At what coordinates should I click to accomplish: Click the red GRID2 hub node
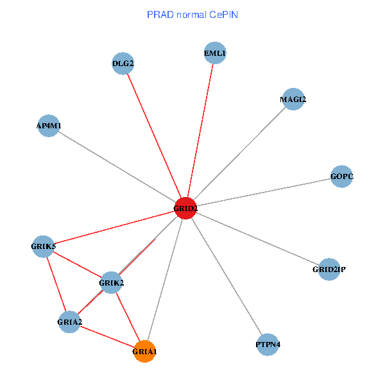pyautogui.click(x=185, y=208)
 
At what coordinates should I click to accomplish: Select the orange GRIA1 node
pyautogui.click(x=145, y=352)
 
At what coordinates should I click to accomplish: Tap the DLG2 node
pyautogui.click(x=123, y=64)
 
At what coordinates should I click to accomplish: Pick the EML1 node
pyautogui.click(x=215, y=53)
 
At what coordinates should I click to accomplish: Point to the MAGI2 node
pyautogui.click(x=293, y=99)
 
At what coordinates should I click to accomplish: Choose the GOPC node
pyautogui.click(x=342, y=176)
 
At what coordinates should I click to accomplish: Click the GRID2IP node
pyautogui.click(x=329, y=269)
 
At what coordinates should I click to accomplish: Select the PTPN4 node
pyautogui.click(x=268, y=345)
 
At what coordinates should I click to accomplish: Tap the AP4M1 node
pyautogui.click(x=49, y=126)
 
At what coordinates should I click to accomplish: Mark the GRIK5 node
pyautogui.click(x=44, y=246)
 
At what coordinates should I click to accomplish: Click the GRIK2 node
pyautogui.click(x=111, y=282)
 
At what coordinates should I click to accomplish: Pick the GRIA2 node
pyautogui.click(x=69, y=321)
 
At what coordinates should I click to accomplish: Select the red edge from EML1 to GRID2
pyautogui.click(x=200, y=130)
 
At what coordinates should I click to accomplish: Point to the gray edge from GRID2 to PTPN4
pyautogui.click(x=227, y=276)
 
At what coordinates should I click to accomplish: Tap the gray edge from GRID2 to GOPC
pyautogui.click(x=264, y=192)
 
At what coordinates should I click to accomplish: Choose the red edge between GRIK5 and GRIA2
pyautogui.click(x=56, y=283)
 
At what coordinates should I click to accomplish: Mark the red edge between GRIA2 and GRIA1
pyautogui.click(x=107, y=336)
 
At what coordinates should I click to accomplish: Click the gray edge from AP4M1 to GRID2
pyautogui.click(x=117, y=167)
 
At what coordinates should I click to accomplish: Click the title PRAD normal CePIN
pyautogui.click(x=193, y=14)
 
